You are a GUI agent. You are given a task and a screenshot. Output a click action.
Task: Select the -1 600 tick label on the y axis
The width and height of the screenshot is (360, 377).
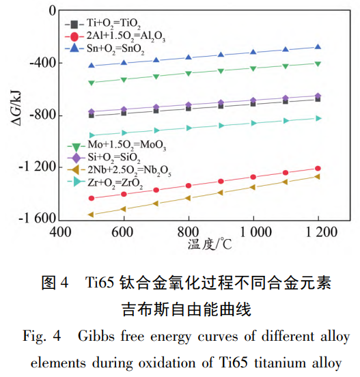(x=37, y=219)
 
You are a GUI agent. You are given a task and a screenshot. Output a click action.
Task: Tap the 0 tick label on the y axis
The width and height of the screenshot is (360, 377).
(x=52, y=12)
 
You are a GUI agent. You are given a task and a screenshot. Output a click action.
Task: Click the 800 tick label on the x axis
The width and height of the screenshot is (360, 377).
(x=189, y=232)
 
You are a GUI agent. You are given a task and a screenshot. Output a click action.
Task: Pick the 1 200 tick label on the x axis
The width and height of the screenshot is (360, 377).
(x=317, y=232)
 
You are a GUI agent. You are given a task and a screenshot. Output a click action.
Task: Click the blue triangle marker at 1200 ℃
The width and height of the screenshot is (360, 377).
(x=317, y=47)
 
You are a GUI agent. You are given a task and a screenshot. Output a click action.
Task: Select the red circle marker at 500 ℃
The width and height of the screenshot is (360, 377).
(x=92, y=198)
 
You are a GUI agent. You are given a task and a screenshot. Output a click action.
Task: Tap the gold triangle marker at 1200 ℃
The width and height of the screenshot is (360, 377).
(x=317, y=176)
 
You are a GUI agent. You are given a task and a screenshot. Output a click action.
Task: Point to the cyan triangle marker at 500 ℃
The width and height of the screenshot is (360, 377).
(x=92, y=135)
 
